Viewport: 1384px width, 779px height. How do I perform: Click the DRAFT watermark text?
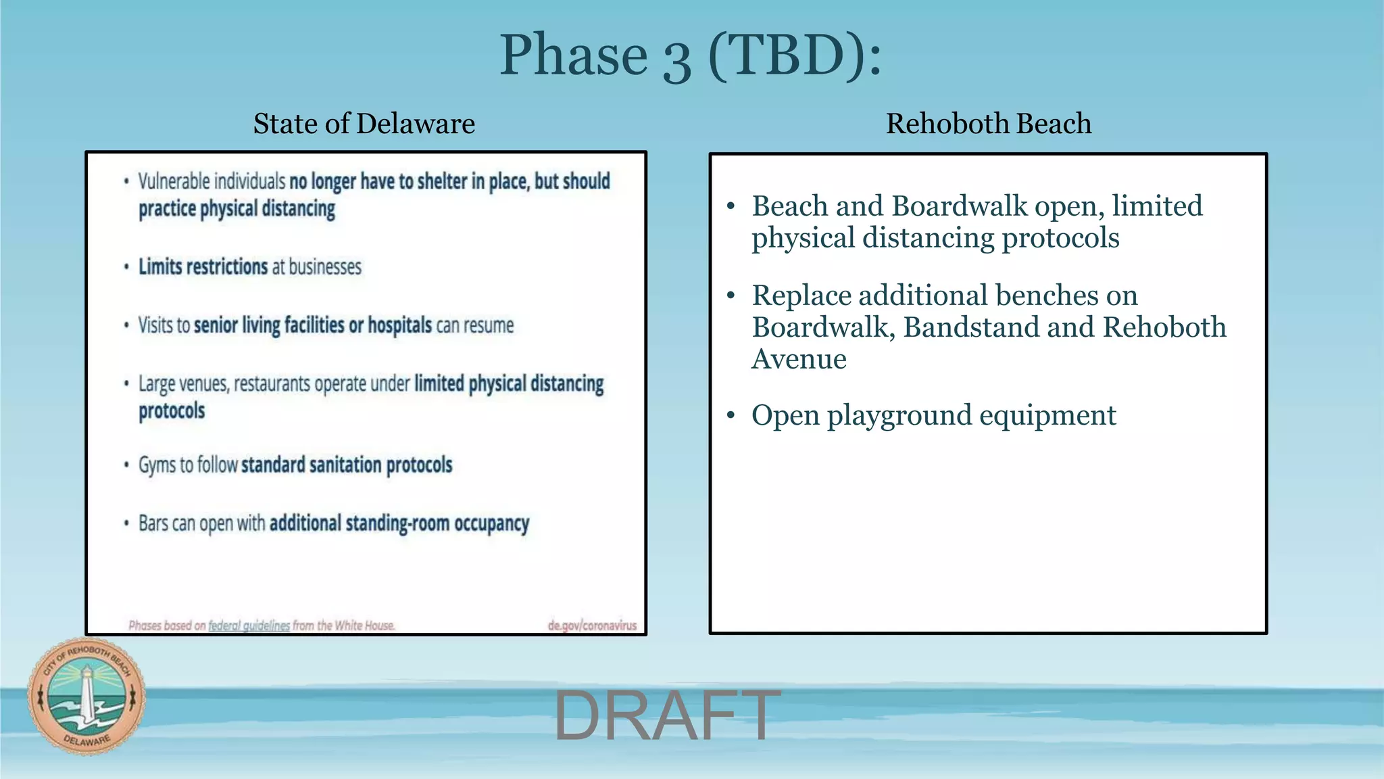666,715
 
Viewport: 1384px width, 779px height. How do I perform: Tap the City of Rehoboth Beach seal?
86,696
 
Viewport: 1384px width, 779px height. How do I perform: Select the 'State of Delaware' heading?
364,124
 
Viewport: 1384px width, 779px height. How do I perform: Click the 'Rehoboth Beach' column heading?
988,124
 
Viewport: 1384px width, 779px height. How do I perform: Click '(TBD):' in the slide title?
795,55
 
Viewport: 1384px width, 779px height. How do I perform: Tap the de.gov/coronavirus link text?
592,625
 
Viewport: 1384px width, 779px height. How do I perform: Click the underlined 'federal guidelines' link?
249,625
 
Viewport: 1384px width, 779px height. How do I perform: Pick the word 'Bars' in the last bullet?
153,523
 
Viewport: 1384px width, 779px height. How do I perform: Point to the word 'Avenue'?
799,359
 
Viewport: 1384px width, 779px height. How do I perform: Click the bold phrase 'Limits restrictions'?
203,267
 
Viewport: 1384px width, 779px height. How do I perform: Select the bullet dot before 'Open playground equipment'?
731,415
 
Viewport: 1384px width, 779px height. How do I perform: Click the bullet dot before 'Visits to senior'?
126,326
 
